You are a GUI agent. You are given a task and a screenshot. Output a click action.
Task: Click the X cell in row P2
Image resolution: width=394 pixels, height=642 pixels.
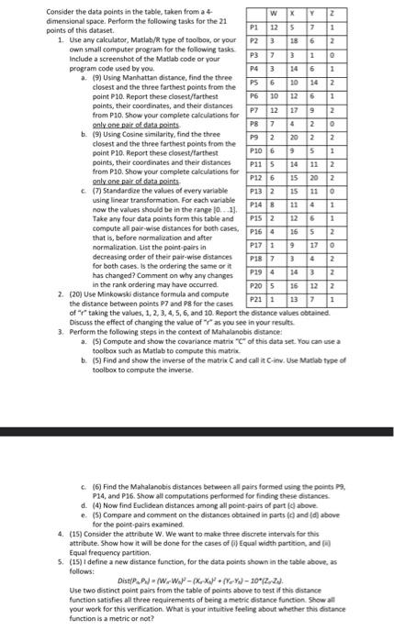pos(306,41)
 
